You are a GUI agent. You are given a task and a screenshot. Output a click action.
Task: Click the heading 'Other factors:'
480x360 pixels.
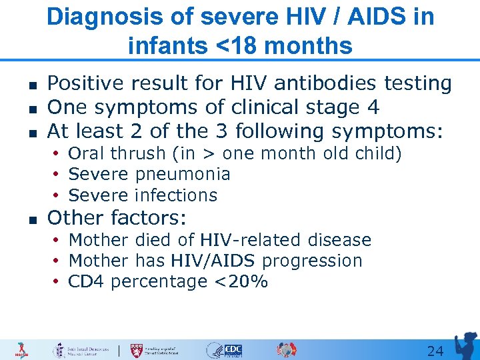117,218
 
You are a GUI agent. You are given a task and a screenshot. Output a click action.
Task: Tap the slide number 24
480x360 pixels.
435,351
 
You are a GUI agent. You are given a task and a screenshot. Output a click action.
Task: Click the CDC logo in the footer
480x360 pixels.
233,350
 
